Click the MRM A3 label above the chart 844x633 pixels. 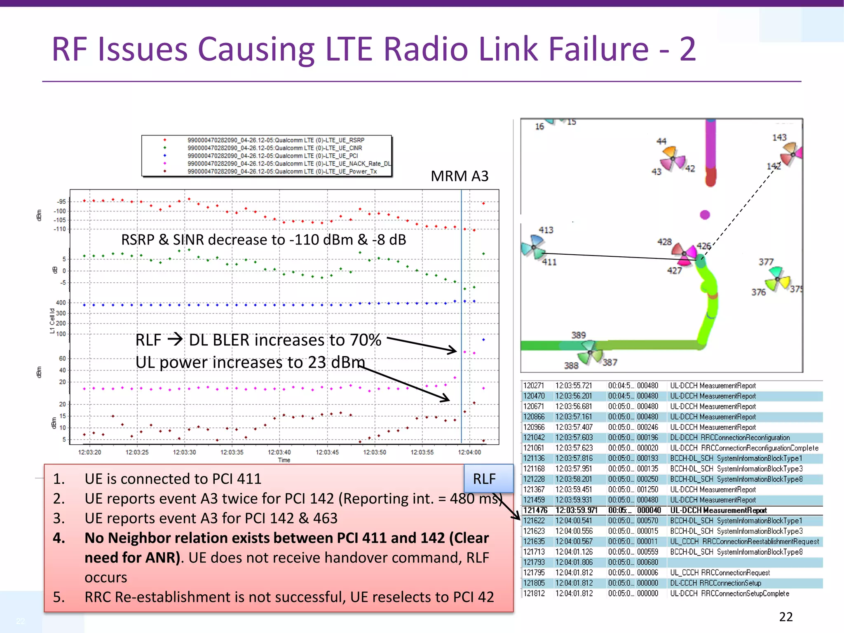460,176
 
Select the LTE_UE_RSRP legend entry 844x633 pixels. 276,140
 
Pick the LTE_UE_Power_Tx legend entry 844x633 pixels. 282,171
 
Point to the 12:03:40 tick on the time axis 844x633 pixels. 279,452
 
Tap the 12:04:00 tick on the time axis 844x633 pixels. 469,452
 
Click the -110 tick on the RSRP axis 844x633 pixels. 60,229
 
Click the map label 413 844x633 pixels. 546,230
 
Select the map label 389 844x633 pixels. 578,335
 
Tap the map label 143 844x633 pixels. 779,137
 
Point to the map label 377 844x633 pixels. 766,262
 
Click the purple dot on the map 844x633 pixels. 705,214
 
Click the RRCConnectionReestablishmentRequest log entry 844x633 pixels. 744,542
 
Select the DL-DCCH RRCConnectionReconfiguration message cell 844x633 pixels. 729,438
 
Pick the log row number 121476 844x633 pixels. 535,510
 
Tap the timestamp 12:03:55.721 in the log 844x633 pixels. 573,386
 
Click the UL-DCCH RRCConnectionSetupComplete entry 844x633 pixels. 729,593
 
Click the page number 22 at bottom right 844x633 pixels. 785,617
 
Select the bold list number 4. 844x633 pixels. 59,538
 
